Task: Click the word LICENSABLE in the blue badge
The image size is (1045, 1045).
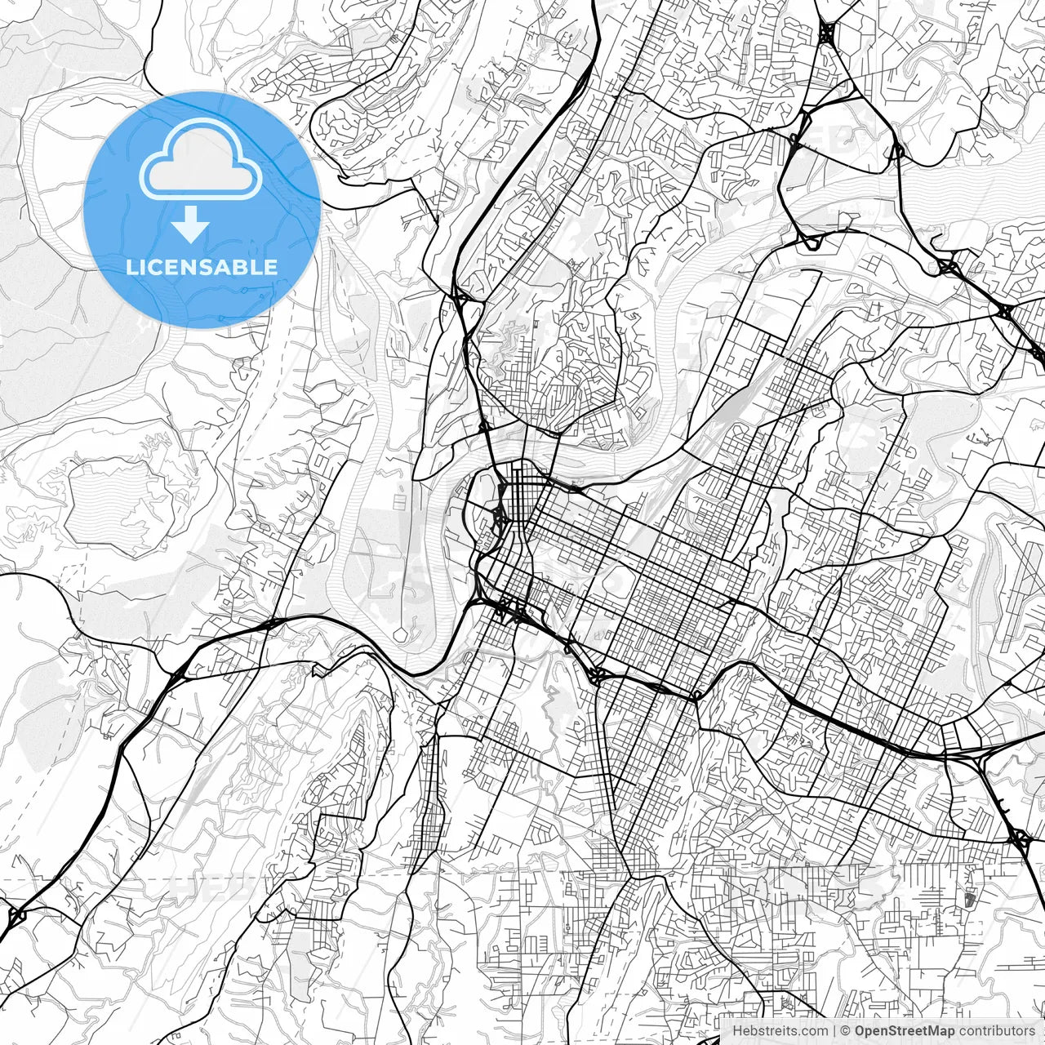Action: coord(202,267)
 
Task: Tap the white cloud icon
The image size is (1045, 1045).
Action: coord(201,159)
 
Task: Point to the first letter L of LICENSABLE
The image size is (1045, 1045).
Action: coord(131,267)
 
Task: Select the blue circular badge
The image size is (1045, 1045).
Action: coord(202,209)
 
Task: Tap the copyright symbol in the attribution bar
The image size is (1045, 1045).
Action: coord(847,1031)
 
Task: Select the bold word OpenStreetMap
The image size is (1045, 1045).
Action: coord(905,1031)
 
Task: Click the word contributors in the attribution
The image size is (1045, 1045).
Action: coord(997,1031)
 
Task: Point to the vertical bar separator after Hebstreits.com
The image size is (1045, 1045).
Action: coord(834,1031)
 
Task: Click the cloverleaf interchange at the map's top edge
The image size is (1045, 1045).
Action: coord(826,33)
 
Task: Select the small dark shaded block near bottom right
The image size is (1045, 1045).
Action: coord(969,900)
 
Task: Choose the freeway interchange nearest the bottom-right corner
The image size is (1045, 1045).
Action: coord(1018,837)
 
